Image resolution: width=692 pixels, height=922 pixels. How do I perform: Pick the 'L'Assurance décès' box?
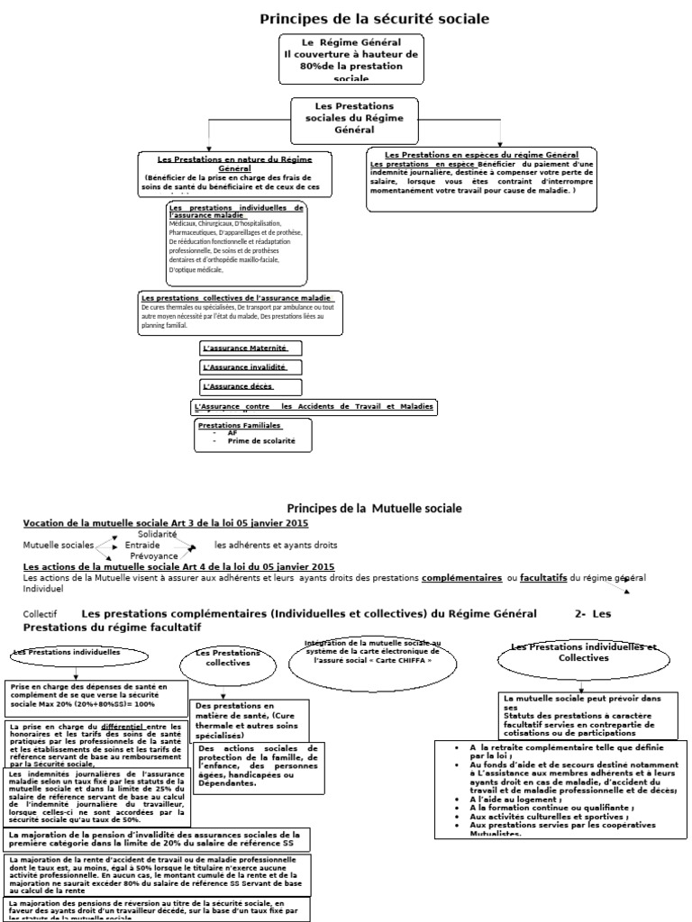tap(237, 386)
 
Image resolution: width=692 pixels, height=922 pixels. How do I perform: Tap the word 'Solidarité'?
tap(158, 534)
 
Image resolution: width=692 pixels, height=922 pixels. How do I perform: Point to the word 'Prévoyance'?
tap(154, 556)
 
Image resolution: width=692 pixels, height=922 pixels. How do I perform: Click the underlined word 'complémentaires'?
tap(462, 577)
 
